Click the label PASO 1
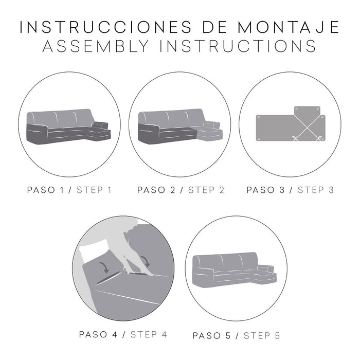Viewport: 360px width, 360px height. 49,190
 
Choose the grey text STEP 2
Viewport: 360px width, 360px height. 206,190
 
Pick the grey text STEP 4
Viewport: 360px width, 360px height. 149,334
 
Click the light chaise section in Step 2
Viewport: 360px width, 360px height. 210,134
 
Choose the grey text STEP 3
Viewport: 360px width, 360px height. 316,190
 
